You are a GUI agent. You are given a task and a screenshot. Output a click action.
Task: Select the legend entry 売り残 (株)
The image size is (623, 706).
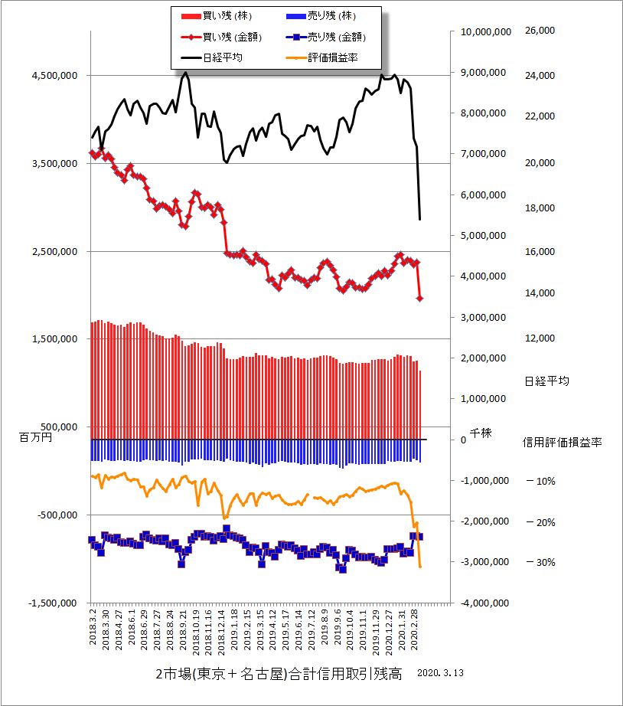pos(335,15)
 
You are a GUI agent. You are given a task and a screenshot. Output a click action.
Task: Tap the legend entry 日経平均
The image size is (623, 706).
pos(223,57)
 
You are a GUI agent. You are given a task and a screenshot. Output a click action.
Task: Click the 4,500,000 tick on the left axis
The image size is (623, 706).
pos(54,76)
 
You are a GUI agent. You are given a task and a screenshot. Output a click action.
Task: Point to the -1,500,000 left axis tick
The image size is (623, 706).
pos(52,603)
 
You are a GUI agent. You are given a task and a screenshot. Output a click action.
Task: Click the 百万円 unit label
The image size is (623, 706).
pos(34,437)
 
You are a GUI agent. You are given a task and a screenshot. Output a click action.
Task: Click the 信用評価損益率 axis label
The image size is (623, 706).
pos(562,442)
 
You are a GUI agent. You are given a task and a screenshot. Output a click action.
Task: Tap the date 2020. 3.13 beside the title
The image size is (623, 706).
pos(442,674)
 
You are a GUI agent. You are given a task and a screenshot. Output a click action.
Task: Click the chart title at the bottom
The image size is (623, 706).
pos(278,674)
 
